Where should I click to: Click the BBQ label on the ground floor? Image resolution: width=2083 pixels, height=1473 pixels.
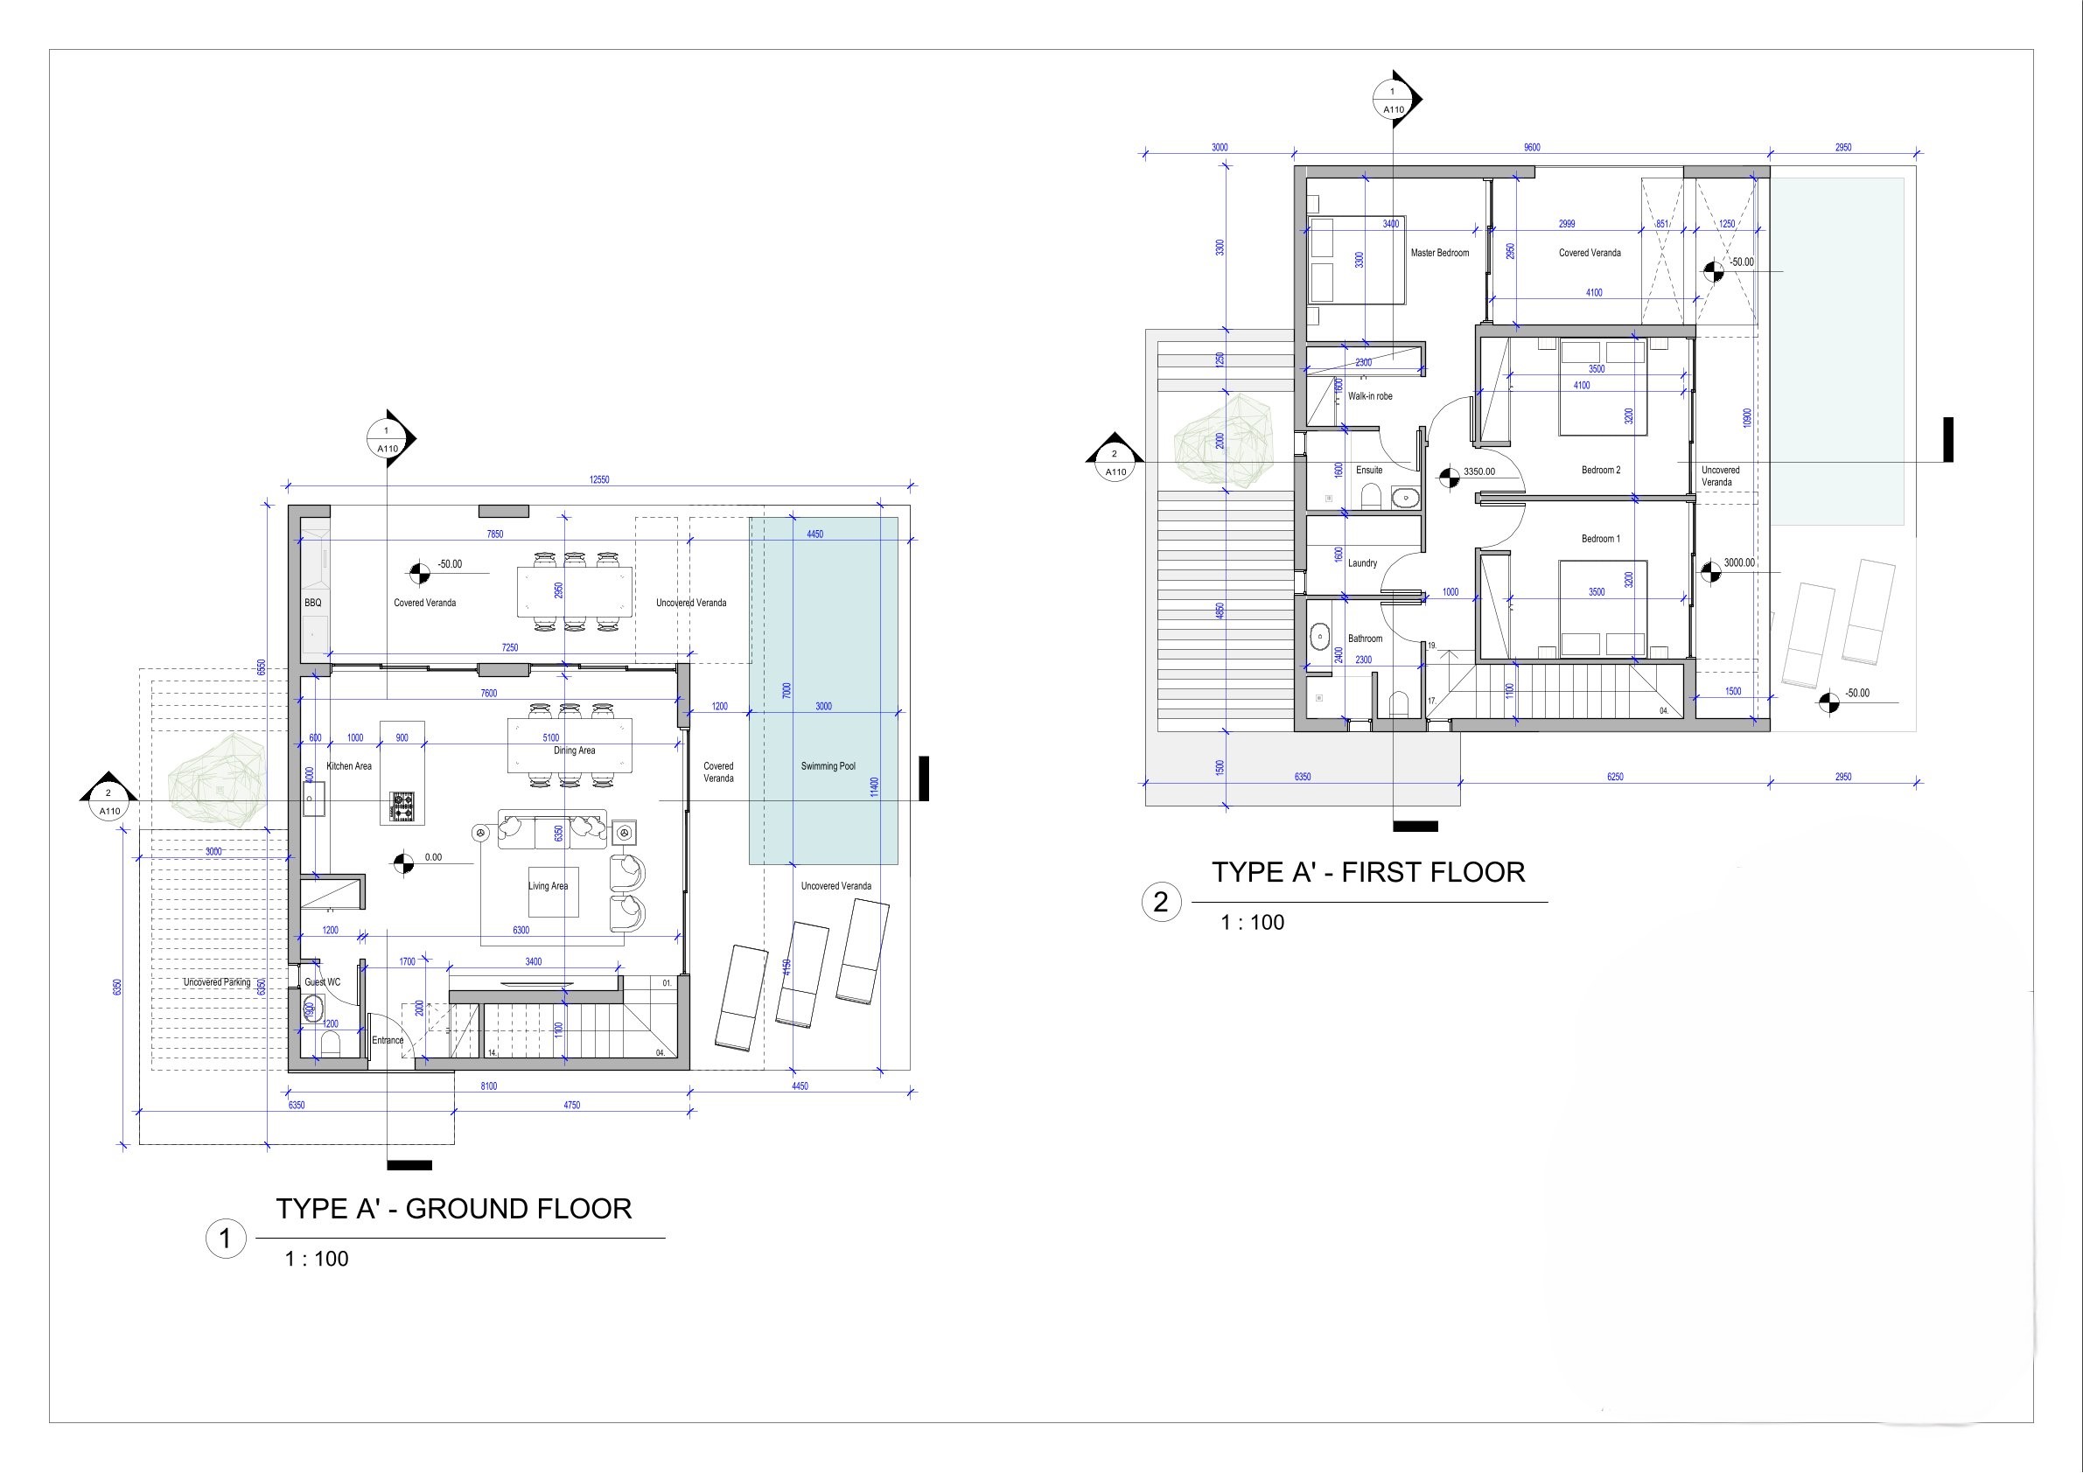[313, 603]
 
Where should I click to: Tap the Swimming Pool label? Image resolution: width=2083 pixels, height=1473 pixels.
[828, 766]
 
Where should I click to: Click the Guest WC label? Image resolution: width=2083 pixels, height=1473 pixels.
[322, 982]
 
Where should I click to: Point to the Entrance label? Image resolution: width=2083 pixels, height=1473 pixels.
[388, 1040]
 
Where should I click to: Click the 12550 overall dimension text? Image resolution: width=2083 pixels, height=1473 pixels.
[598, 480]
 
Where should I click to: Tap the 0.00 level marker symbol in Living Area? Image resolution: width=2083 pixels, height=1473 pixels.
[403, 862]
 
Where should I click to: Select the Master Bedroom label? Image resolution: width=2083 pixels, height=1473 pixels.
[1439, 253]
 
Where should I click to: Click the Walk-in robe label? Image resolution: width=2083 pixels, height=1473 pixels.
[1369, 396]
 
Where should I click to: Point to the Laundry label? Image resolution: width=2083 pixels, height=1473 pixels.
[1362, 563]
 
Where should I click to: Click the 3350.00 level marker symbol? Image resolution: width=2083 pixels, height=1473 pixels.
[1449, 477]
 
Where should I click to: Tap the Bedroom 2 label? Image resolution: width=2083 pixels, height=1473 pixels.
[1600, 470]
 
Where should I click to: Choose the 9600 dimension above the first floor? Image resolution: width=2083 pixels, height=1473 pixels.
[1531, 147]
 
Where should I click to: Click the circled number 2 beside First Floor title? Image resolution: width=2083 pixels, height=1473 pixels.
[1159, 903]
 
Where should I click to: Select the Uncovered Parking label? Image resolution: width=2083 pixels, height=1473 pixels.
[217, 982]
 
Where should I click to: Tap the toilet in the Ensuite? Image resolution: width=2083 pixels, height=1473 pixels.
[1371, 495]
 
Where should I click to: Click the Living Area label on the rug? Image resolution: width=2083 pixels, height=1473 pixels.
[548, 886]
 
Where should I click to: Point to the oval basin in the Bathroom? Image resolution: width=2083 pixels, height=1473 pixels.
[1318, 638]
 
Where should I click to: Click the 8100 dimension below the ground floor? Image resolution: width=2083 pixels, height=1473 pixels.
[488, 1086]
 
